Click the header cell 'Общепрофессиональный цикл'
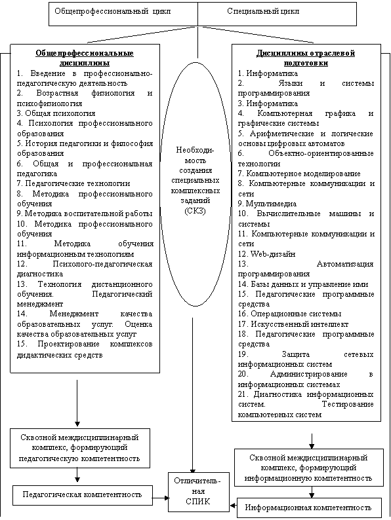[123, 14]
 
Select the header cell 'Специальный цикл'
[277, 14]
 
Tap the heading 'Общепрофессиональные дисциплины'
[85, 58]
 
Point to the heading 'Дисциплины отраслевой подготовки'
[306, 58]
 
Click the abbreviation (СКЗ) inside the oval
[195, 211]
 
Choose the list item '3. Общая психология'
[56, 113]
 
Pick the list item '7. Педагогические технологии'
[73, 183]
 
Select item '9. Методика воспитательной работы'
[85, 214]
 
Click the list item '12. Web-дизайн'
[266, 254]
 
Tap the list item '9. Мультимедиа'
[267, 204]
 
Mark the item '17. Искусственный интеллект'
[293, 324]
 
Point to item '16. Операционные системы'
[289, 314]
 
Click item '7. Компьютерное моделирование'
[299, 174]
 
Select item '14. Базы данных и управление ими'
[303, 284]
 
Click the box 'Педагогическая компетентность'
[83, 496]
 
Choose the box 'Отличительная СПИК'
[199, 492]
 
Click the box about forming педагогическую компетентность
[80, 448]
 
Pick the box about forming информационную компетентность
[309, 468]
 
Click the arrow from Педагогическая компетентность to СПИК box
[161, 498]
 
